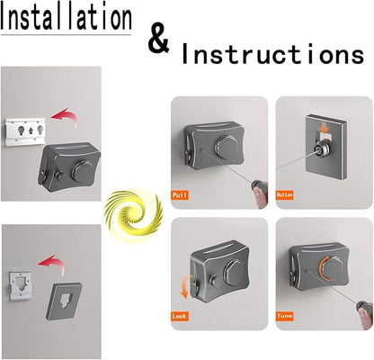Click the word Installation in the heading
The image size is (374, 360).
click(66, 17)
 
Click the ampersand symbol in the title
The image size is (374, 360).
click(159, 40)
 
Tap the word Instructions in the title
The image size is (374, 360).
click(272, 54)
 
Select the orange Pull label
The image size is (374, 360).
click(180, 195)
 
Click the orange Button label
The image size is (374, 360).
click(285, 195)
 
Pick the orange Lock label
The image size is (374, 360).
click(180, 316)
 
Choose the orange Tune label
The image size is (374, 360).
click(285, 316)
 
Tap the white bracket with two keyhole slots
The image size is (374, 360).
click(25, 131)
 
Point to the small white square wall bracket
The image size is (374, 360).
click(20, 286)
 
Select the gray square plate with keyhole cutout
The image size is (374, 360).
click(64, 301)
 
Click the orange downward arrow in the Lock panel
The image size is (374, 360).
click(184, 287)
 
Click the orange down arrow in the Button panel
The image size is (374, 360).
click(325, 128)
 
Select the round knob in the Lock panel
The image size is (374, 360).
click(236, 272)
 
